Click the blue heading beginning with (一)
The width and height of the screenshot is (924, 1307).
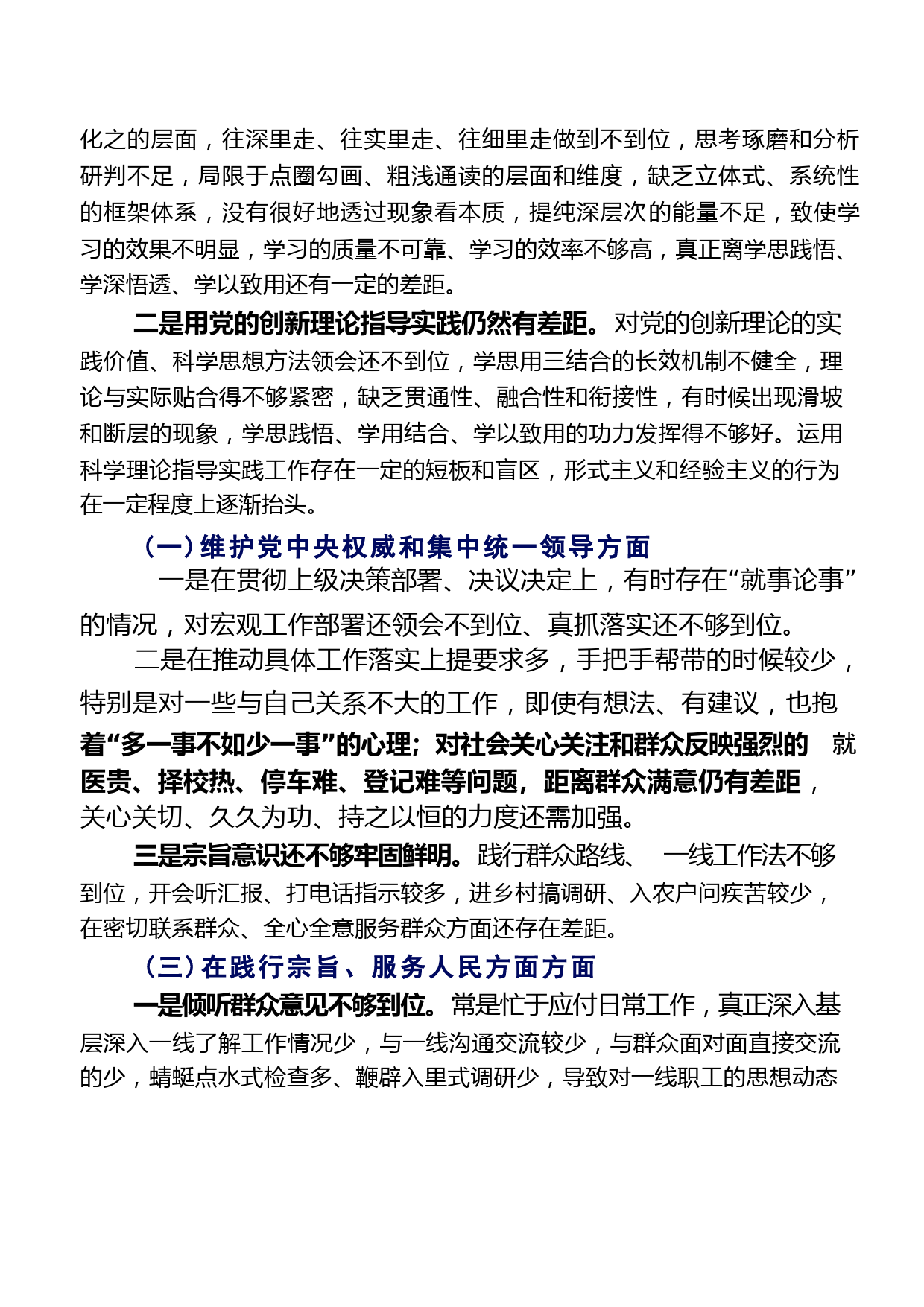point(396,547)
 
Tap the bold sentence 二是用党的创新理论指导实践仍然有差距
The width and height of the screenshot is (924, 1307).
point(366,324)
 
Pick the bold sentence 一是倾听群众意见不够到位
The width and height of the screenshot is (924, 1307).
point(284,1005)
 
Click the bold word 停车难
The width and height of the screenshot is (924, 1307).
point(298,782)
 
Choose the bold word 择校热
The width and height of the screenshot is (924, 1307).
point(196,782)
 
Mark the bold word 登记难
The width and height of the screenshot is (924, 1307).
point(401,782)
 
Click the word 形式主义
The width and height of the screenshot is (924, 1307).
point(610,470)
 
